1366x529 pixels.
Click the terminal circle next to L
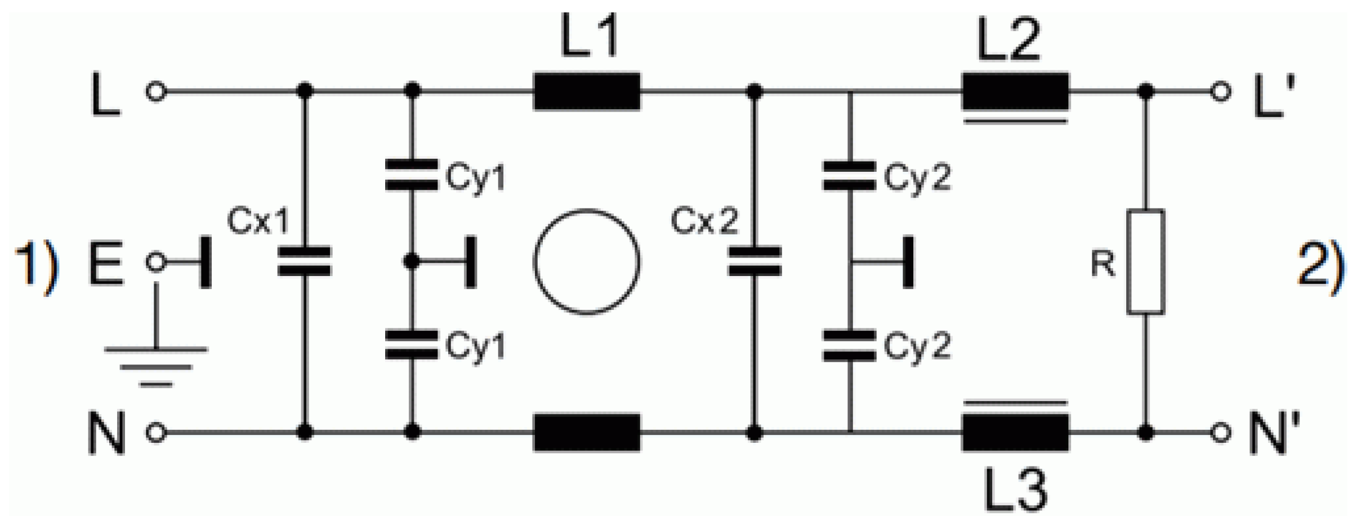[156, 91]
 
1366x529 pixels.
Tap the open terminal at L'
[1220, 91]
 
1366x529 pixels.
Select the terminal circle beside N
[156, 433]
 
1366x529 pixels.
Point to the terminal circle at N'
[1220, 433]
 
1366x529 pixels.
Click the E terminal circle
[156, 262]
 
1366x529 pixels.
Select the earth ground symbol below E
[156, 366]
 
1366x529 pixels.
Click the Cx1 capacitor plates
[305, 262]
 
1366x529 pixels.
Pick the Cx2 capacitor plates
[755, 262]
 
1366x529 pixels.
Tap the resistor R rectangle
[1146, 262]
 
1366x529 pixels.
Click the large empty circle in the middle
[587, 262]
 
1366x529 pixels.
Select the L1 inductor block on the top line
[587, 91]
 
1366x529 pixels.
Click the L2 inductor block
[1015, 91]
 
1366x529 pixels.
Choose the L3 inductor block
[1015, 433]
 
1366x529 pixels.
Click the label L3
[1015, 490]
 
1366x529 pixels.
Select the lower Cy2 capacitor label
[917, 345]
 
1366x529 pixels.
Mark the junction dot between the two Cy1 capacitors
[412, 262]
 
